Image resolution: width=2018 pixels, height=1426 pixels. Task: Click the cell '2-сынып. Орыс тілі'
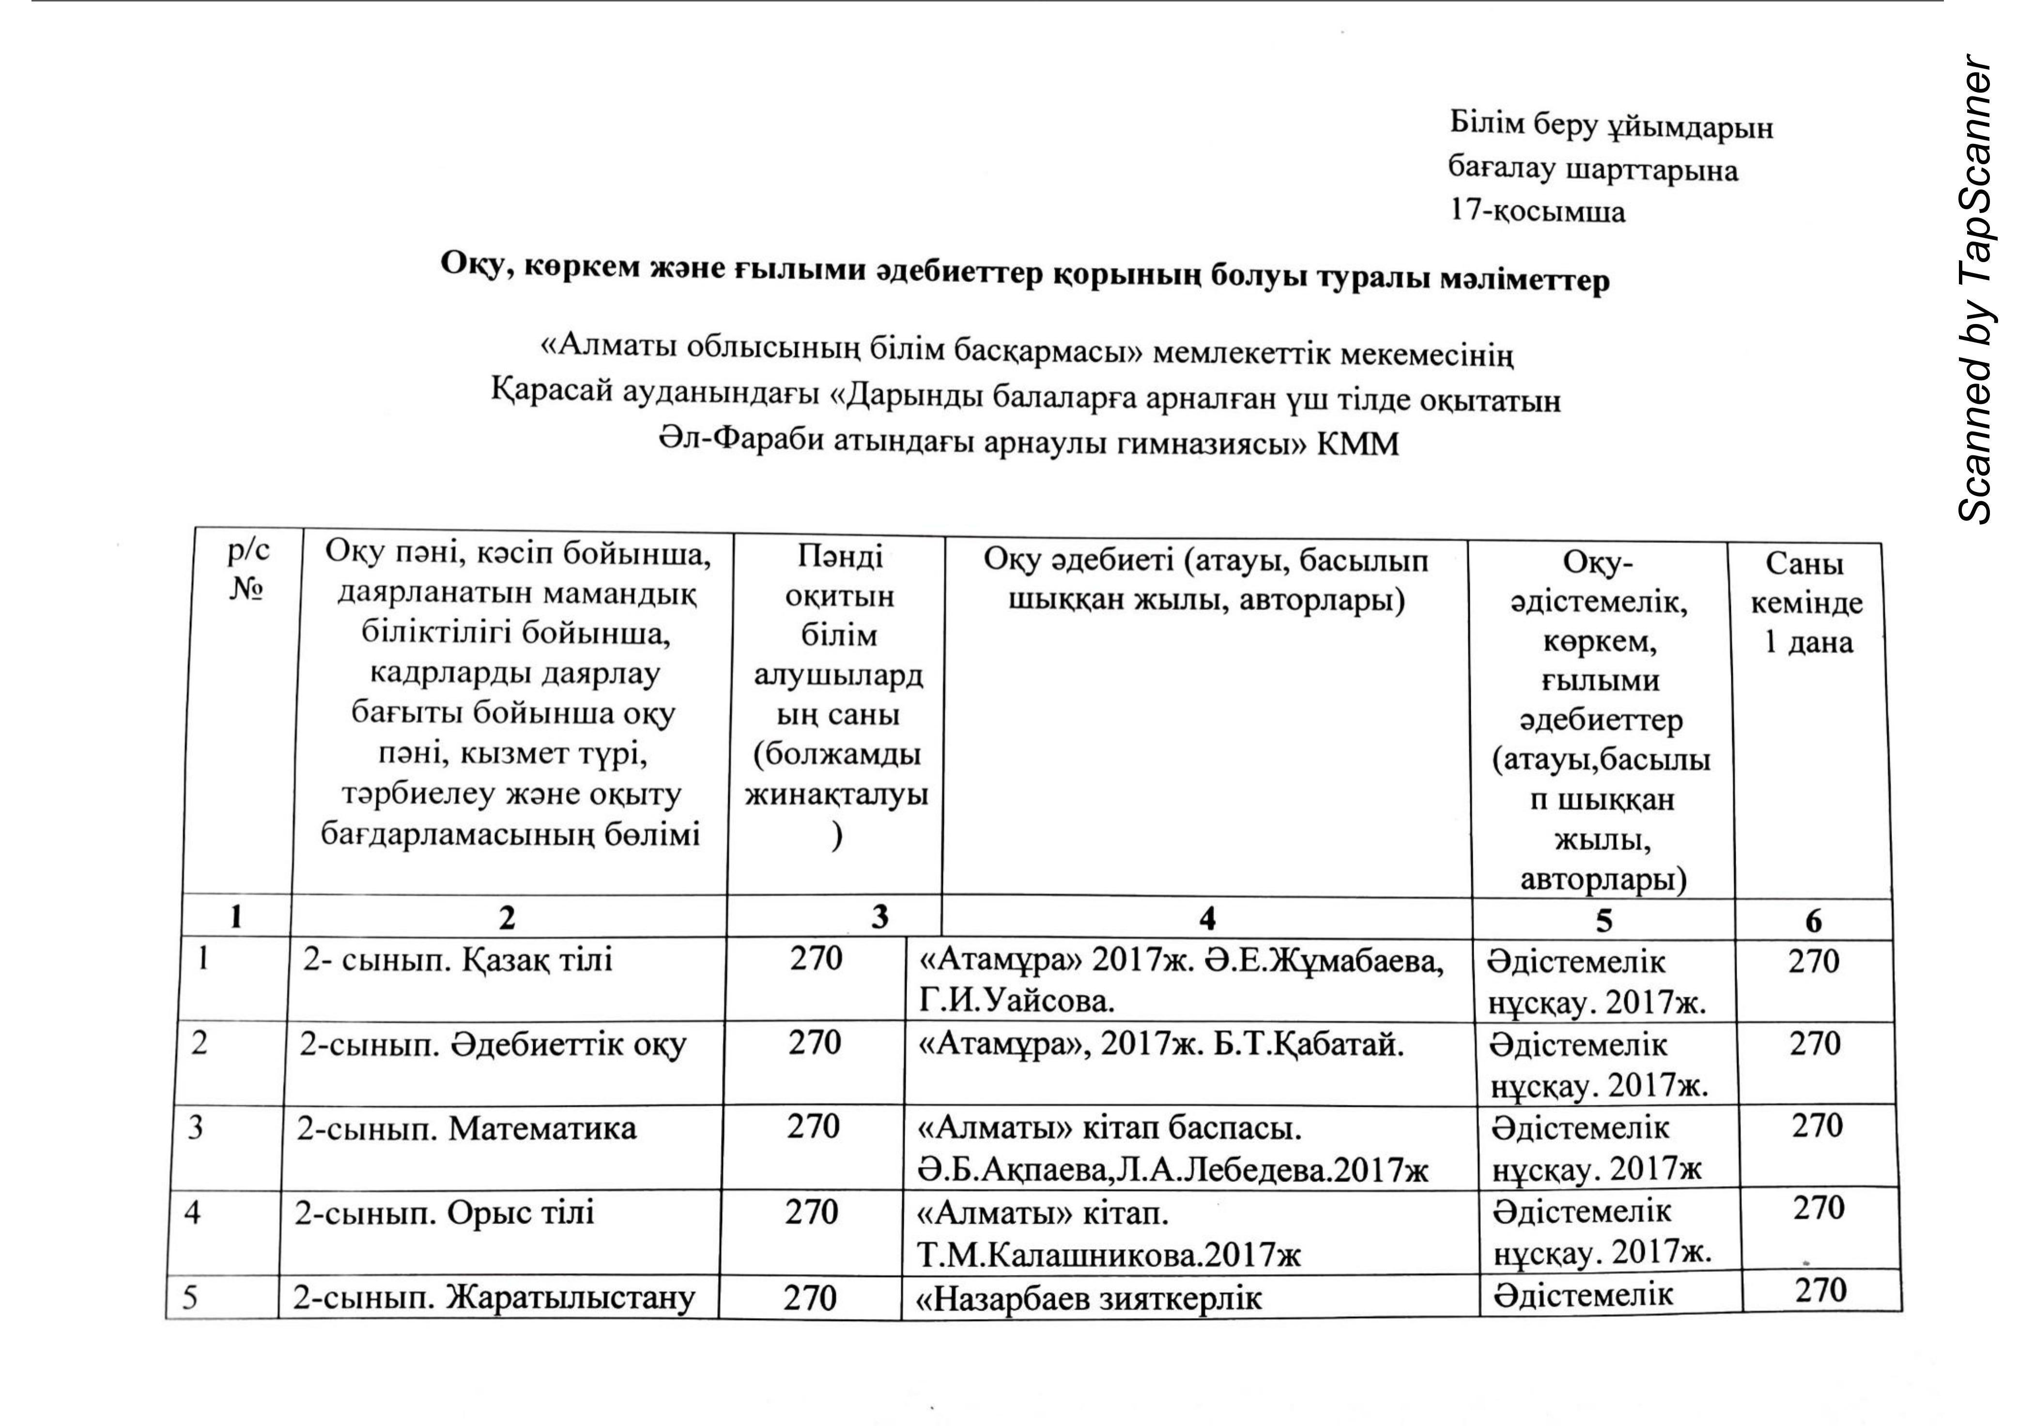coord(444,1213)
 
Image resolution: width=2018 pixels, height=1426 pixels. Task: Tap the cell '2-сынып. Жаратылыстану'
coord(494,1298)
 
